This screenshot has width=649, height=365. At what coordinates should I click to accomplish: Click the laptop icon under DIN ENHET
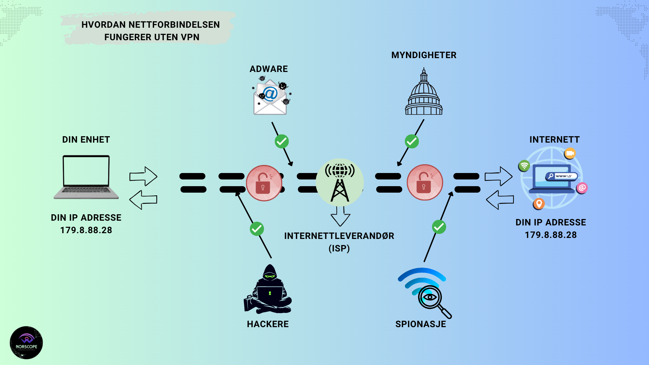pos(86,177)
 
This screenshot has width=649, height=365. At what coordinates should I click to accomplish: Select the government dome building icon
pos(424,93)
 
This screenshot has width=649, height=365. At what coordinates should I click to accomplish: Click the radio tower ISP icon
pos(340,182)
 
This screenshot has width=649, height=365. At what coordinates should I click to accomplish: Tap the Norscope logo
pos(26,342)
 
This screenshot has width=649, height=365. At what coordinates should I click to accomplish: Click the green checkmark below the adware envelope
pos(282,142)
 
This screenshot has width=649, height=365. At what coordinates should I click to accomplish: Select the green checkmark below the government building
pos(412,142)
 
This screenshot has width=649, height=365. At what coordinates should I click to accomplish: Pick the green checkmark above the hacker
pos(257,229)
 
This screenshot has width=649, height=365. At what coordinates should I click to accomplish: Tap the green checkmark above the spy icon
pos(439,227)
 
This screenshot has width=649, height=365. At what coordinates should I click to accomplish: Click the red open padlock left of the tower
pos(264,183)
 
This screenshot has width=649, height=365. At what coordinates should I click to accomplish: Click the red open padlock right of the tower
pos(425,182)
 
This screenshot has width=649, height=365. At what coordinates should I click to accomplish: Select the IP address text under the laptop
pos(86,230)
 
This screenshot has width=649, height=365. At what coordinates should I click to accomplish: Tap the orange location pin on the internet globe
pos(539,204)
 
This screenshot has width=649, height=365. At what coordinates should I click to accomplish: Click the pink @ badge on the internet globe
pos(582,188)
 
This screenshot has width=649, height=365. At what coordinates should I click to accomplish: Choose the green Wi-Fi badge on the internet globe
pos(524,166)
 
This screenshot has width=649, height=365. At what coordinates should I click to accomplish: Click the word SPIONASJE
pos(420,324)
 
